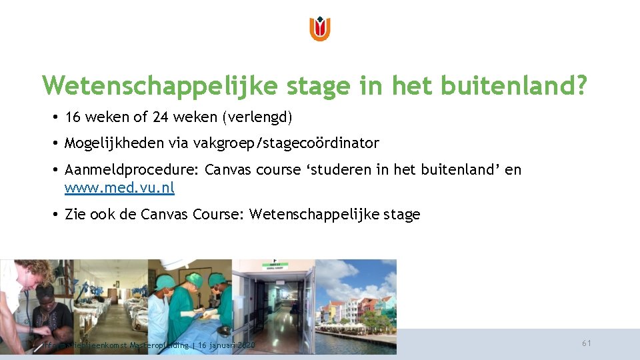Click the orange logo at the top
pyautogui.click(x=320, y=29)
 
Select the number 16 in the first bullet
pyautogui.click(x=73, y=117)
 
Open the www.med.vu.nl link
pyautogui.click(x=119, y=188)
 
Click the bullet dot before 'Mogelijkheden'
pyautogui.click(x=55, y=143)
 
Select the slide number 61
pyautogui.click(x=587, y=343)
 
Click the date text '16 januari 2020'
pyautogui.click(x=227, y=345)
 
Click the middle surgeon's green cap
pyautogui.click(x=194, y=278)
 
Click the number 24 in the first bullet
pyautogui.click(x=160, y=117)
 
